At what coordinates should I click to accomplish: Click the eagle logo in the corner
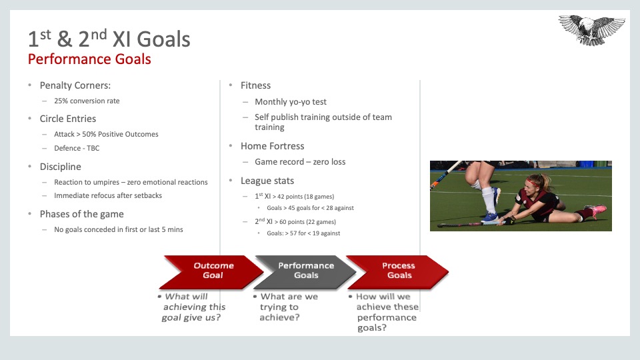(591, 30)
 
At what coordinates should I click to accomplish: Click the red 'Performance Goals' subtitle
(89, 59)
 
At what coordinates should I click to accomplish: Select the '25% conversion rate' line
(87, 101)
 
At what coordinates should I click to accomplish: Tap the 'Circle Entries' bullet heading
(68, 119)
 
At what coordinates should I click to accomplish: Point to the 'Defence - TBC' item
(77, 148)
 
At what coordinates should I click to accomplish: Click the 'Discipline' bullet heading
(61, 167)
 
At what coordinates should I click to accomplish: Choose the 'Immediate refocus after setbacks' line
(108, 195)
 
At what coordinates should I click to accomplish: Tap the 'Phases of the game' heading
(81, 214)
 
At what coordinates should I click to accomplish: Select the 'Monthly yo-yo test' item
(291, 101)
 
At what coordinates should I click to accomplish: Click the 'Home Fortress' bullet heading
(272, 146)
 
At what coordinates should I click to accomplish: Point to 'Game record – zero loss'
(300, 161)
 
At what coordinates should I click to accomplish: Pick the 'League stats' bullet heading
(267, 181)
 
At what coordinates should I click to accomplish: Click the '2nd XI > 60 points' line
(295, 221)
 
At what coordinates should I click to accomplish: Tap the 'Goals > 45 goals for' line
(310, 208)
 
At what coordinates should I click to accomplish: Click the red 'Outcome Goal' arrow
(211, 272)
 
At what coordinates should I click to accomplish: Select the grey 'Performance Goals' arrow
(306, 272)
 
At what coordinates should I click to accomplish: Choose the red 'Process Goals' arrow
(398, 272)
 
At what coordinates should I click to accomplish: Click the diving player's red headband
(531, 181)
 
